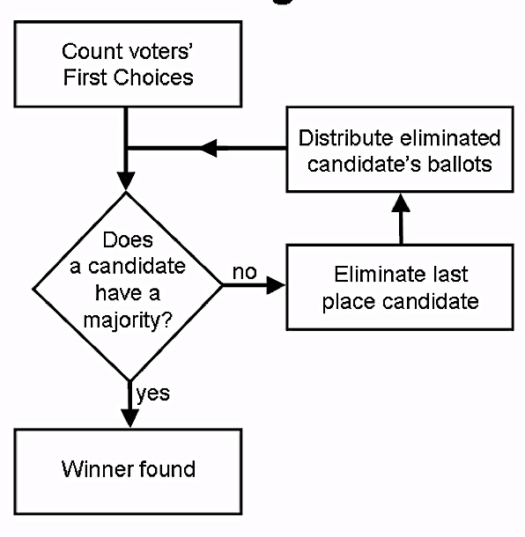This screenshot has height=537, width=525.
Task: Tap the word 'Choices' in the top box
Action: pos(153,77)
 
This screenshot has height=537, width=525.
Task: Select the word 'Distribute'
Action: pos(346,138)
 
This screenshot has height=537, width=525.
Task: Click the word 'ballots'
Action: pos(460,164)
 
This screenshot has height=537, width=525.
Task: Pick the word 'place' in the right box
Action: pos(349,303)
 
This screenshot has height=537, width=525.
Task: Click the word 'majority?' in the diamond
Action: pos(128,321)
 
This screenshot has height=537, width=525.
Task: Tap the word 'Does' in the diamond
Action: pos(128,239)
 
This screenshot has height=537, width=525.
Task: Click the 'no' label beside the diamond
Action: pos(245,272)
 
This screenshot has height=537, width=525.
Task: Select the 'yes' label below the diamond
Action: pos(153,394)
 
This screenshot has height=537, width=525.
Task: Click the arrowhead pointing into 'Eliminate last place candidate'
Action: pos(276,285)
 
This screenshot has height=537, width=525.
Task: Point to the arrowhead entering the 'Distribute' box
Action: pos(401,202)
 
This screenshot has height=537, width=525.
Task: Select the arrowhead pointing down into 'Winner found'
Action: pos(129,418)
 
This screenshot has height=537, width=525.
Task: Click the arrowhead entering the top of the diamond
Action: pos(126,181)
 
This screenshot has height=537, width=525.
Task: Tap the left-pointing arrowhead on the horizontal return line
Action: pos(209,148)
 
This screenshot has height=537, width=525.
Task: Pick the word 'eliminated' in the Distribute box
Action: pos(450,138)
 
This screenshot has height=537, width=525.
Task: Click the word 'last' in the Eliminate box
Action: pos(449,275)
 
